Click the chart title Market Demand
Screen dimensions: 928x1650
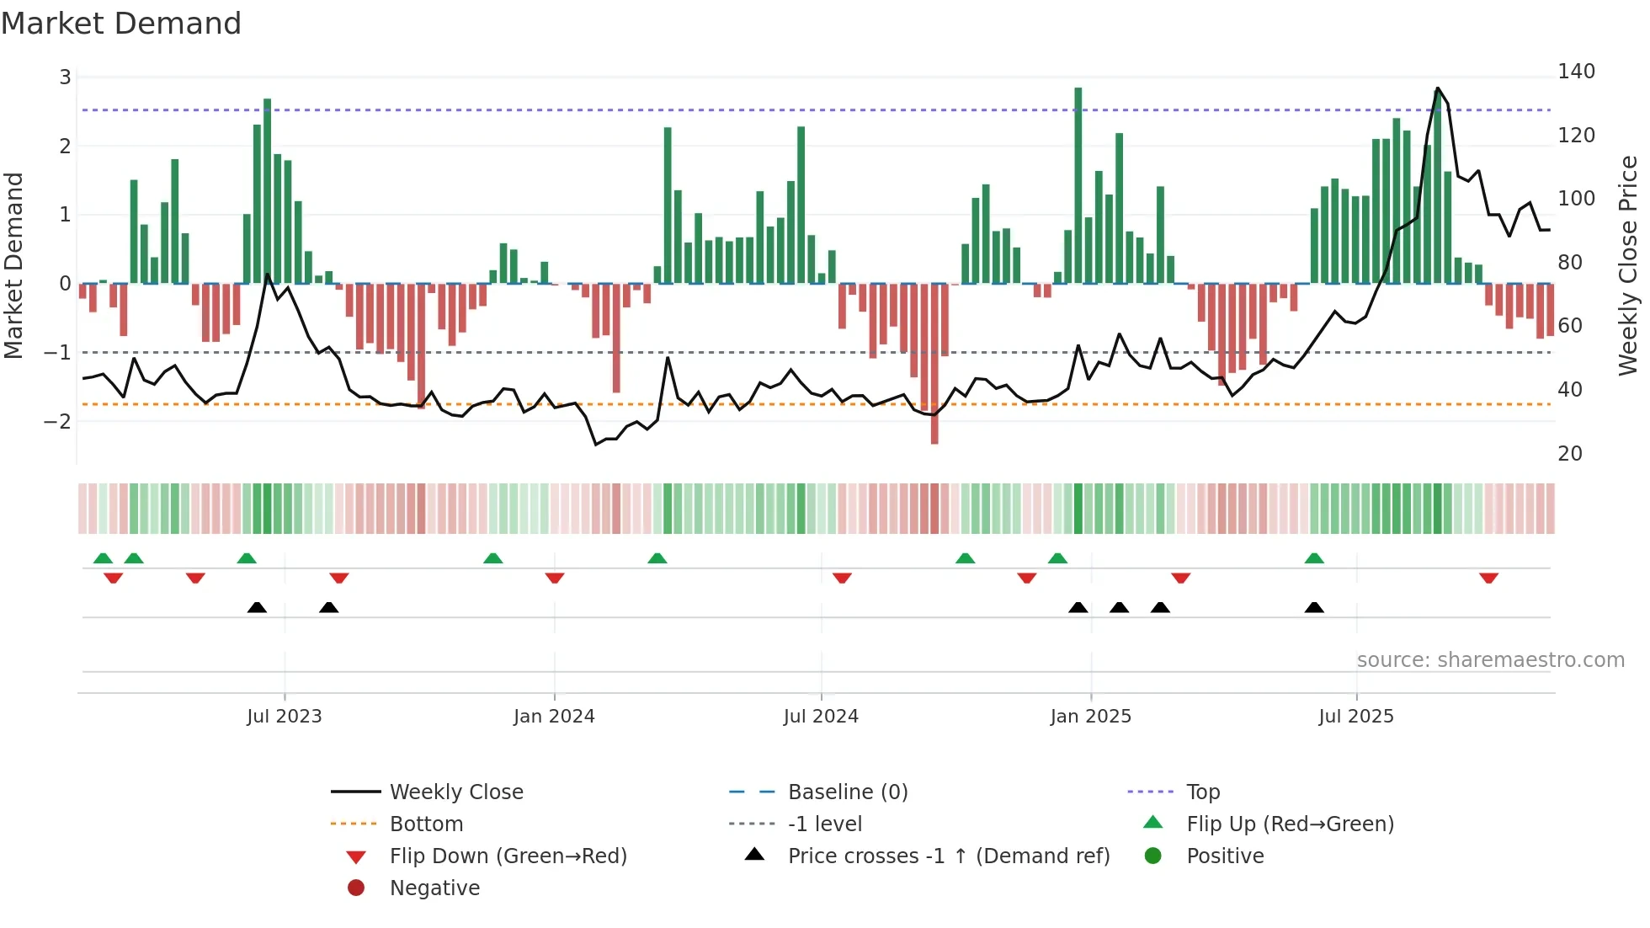pyautogui.click(x=121, y=24)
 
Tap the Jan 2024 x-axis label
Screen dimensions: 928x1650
pyautogui.click(x=554, y=717)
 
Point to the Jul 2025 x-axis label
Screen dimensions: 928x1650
pyautogui.click(x=1356, y=717)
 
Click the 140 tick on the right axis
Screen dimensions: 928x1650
pyautogui.click(x=1576, y=72)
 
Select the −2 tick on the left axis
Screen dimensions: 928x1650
pyautogui.click(x=58, y=421)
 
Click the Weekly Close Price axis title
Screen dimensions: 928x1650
pyautogui.click(x=1628, y=265)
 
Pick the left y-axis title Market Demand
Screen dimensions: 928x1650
pyautogui.click(x=13, y=265)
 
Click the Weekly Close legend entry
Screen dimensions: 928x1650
pyautogui.click(x=455, y=792)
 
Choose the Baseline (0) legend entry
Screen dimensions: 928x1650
pyautogui.click(x=847, y=792)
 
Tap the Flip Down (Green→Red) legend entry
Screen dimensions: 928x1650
pyautogui.click(x=508, y=856)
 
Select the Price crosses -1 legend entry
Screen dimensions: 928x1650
pyautogui.click(x=948, y=856)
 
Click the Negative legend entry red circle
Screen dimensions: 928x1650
pyautogui.click(x=356, y=888)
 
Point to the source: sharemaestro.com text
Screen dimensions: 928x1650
pyautogui.click(x=1490, y=660)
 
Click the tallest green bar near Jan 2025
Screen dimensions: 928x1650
pyautogui.click(x=1078, y=185)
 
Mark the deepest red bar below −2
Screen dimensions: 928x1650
pyautogui.click(x=934, y=362)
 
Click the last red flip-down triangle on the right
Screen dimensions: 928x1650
pyautogui.click(x=1488, y=578)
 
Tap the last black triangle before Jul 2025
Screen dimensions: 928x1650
pyautogui.click(x=1314, y=608)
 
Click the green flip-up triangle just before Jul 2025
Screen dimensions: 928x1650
pyautogui.click(x=1314, y=558)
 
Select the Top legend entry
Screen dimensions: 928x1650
pyautogui.click(x=1202, y=792)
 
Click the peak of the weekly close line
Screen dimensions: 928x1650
pyautogui.click(x=1438, y=88)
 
